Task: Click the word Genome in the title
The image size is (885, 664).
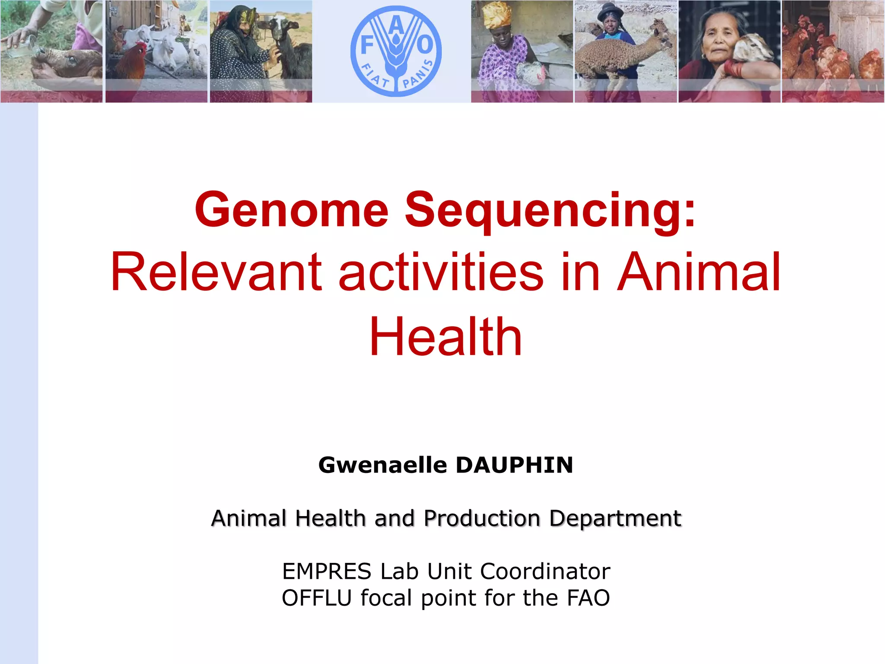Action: click(x=292, y=210)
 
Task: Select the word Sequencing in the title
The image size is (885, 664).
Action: click(x=550, y=210)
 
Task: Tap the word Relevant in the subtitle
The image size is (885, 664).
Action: click(x=216, y=272)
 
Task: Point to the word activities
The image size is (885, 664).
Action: click(x=441, y=272)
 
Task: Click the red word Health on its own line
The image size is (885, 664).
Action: click(x=446, y=337)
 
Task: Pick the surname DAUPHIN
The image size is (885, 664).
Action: click(x=514, y=465)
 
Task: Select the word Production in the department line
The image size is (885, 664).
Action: click(x=482, y=518)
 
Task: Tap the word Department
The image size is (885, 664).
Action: click(x=615, y=518)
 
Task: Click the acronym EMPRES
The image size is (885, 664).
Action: click(x=327, y=571)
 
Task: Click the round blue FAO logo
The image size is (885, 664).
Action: click(x=396, y=51)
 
